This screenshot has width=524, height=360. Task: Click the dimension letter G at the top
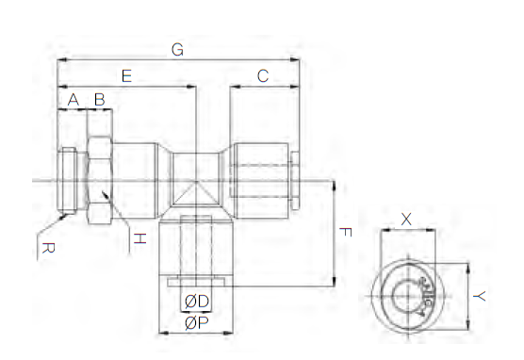tap(177, 50)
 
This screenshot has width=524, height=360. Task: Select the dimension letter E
tap(126, 76)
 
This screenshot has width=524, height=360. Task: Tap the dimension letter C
tap(263, 76)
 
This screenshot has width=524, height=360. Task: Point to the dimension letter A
tap(74, 100)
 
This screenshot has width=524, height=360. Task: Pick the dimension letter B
tap(100, 100)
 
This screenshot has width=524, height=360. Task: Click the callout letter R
tap(48, 249)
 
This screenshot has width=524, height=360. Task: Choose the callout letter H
tap(140, 238)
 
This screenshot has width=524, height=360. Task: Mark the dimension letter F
tap(345, 232)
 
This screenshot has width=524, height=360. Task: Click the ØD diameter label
tap(197, 302)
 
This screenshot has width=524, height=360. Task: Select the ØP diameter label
tap(196, 323)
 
